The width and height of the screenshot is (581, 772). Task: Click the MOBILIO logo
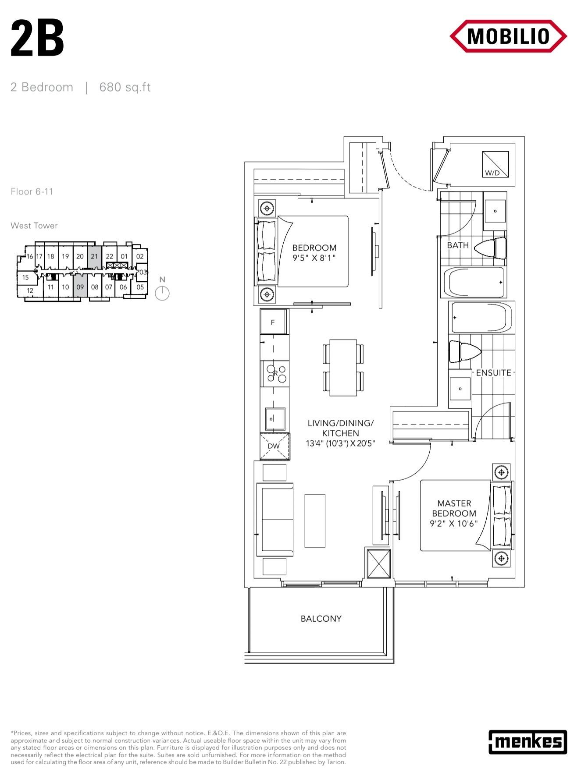pyautogui.click(x=508, y=36)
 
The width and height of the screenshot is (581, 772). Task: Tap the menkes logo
pyautogui.click(x=528, y=741)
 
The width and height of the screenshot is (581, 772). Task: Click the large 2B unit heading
pyautogui.click(x=37, y=38)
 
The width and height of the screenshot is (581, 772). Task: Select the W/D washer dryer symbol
pyautogui.click(x=495, y=164)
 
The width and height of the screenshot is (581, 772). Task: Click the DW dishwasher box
pyautogui.click(x=274, y=446)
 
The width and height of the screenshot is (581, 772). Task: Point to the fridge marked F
pyautogui.click(x=274, y=322)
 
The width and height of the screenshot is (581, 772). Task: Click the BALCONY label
pyautogui.click(x=321, y=619)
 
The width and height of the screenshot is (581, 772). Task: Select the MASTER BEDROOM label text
pyautogui.click(x=454, y=513)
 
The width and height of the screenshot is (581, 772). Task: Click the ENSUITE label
pyautogui.click(x=494, y=373)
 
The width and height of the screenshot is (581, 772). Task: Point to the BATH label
pyautogui.click(x=458, y=245)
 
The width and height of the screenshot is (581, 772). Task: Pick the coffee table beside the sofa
pyautogui.click(x=315, y=521)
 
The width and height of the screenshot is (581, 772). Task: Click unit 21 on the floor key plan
pyautogui.click(x=94, y=256)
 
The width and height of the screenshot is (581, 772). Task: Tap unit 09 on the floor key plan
pyautogui.click(x=80, y=287)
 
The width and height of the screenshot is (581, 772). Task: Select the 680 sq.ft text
pyautogui.click(x=125, y=87)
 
